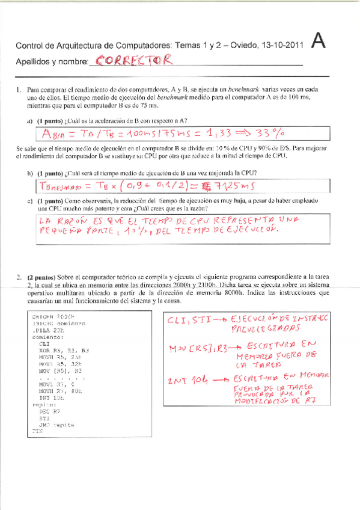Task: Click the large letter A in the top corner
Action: (320, 41)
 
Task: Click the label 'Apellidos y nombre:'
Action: (51, 62)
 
